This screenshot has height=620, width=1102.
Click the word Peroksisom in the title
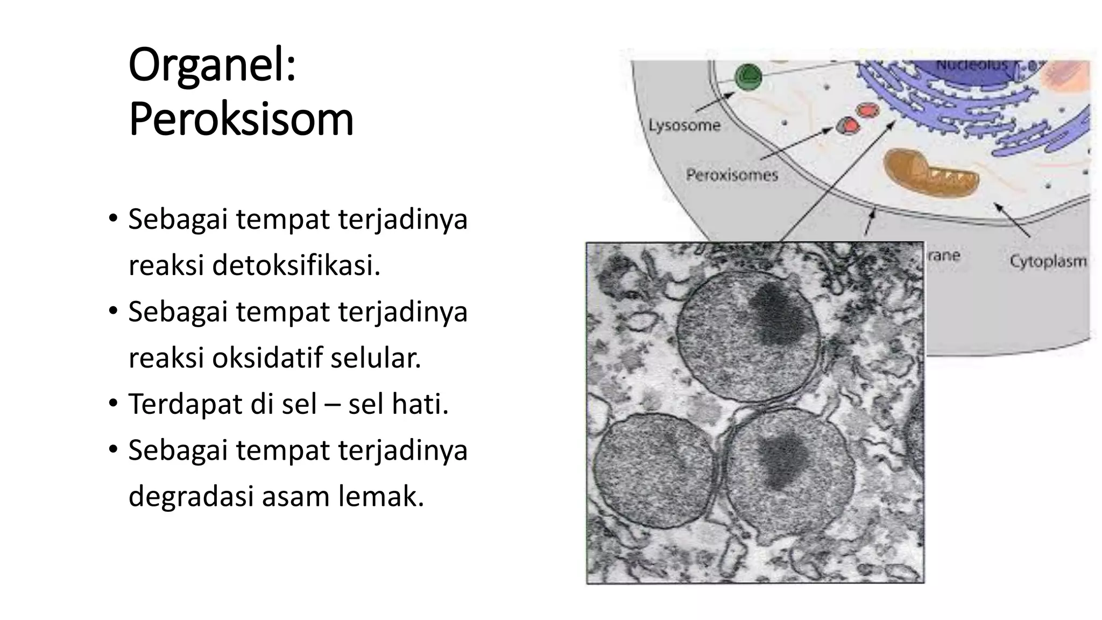[x=241, y=119]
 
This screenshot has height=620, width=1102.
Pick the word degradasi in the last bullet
[x=191, y=496]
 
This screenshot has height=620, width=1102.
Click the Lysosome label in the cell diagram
[x=684, y=126]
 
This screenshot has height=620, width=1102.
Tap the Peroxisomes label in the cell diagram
[x=731, y=175]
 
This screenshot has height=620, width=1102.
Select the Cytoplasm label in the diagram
[x=1048, y=262]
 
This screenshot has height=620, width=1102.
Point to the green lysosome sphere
[x=748, y=77]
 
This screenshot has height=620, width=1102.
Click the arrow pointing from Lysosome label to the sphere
[x=716, y=102]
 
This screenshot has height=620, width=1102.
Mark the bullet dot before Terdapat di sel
[x=112, y=403]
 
